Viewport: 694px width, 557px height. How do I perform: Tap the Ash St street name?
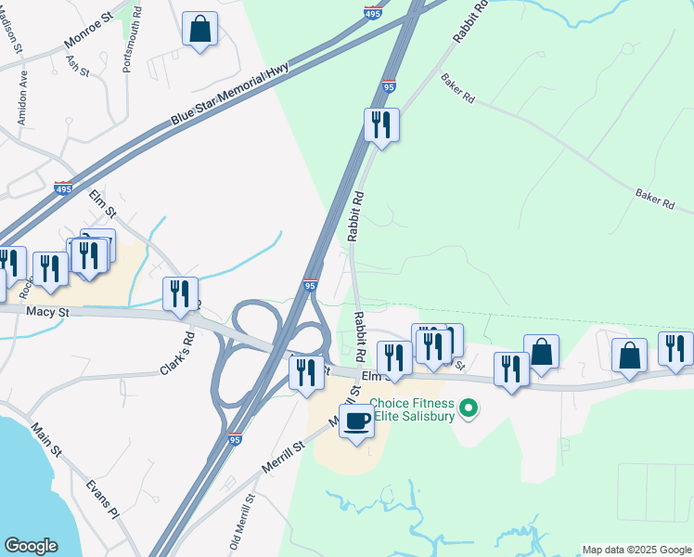(x=76, y=66)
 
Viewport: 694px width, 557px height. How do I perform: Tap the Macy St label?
(x=48, y=313)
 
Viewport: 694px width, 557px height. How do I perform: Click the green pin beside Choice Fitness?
(x=469, y=408)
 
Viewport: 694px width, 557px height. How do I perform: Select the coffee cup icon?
(x=356, y=421)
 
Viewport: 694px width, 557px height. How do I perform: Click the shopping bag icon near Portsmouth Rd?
(x=199, y=29)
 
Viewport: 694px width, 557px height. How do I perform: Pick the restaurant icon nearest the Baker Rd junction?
(x=380, y=124)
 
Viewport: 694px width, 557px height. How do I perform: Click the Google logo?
(x=31, y=546)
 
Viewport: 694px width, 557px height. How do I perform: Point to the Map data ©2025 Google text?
(x=637, y=550)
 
